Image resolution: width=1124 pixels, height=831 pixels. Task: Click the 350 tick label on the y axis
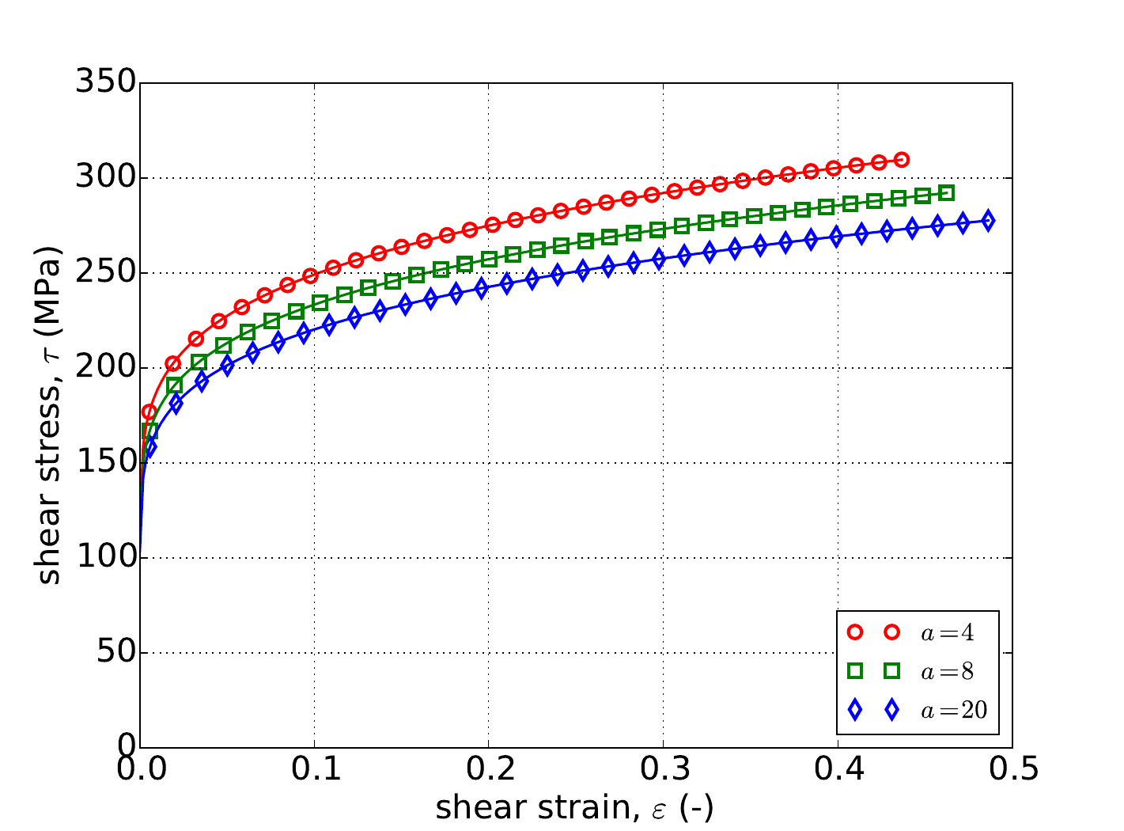point(105,82)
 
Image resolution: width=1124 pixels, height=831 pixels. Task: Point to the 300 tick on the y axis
point(105,177)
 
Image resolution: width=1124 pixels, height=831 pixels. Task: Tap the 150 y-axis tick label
point(105,462)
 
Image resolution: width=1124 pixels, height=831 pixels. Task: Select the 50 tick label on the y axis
point(115,652)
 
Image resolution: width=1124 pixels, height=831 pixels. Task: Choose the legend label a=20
point(954,710)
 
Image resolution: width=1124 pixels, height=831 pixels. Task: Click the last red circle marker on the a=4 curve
point(902,160)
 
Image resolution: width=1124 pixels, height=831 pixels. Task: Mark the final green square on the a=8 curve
point(947,193)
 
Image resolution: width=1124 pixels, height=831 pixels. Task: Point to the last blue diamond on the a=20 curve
point(987,221)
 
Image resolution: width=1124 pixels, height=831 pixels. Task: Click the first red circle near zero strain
point(149,412)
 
